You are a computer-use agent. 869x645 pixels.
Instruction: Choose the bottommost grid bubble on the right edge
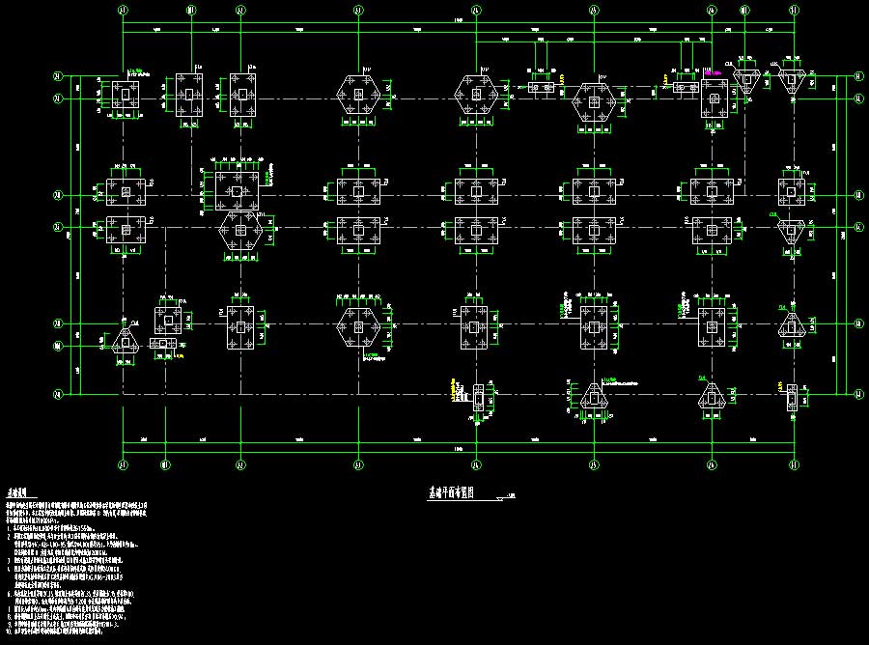pos(857,393)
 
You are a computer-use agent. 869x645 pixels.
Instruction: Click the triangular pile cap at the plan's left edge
pos(123,339)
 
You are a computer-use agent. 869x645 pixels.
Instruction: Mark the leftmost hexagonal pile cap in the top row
pos(358,95)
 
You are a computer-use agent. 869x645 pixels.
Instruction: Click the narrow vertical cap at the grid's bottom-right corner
pos(793,396)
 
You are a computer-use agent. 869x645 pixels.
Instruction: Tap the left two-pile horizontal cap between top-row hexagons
pos(545,87)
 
